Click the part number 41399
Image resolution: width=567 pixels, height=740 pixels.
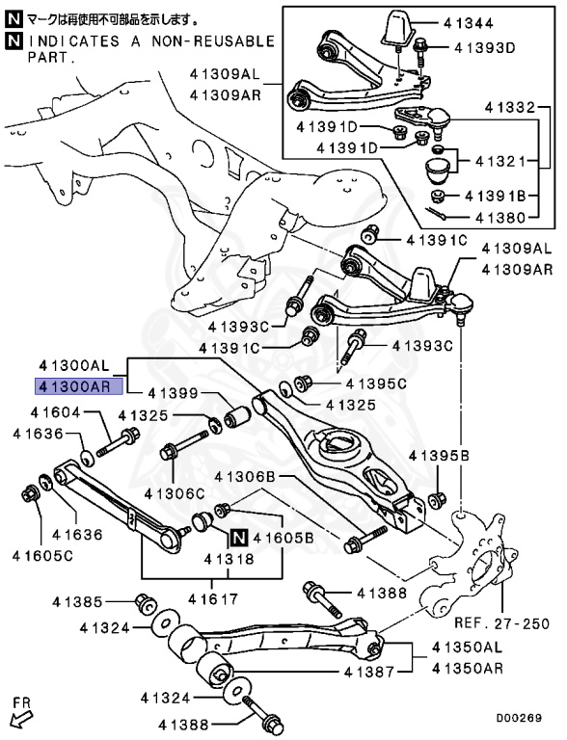[x=173, y=393]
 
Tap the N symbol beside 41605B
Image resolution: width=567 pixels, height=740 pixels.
[x=239, y=539]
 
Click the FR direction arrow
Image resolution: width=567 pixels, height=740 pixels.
[x=21, y=715]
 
